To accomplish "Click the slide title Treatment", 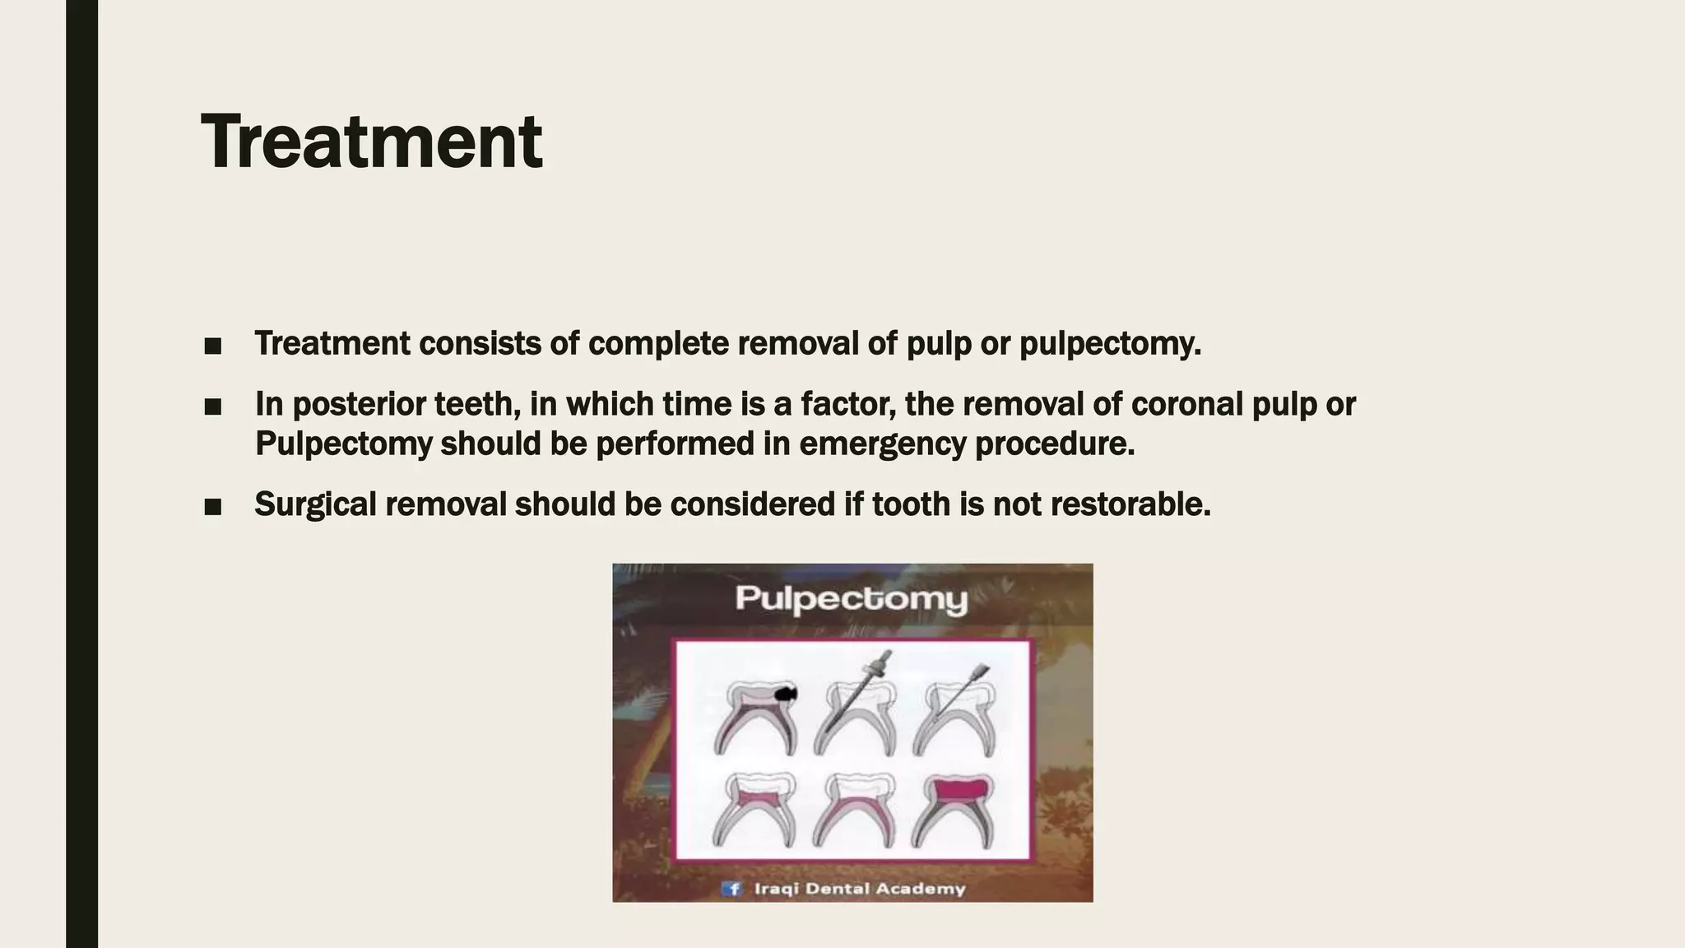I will click(371, 142).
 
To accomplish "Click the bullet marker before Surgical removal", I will click(212, 507).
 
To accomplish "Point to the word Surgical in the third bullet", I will click(315, 504).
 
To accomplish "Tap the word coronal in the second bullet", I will click(1186, 405).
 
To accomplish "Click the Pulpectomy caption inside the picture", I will click(852, 598).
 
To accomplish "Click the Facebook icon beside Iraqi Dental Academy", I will click(731, 889).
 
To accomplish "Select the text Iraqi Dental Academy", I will click(859, 889).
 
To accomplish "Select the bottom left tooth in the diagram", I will click(755, 811).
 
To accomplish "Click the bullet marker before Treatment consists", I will click(212, 346).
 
